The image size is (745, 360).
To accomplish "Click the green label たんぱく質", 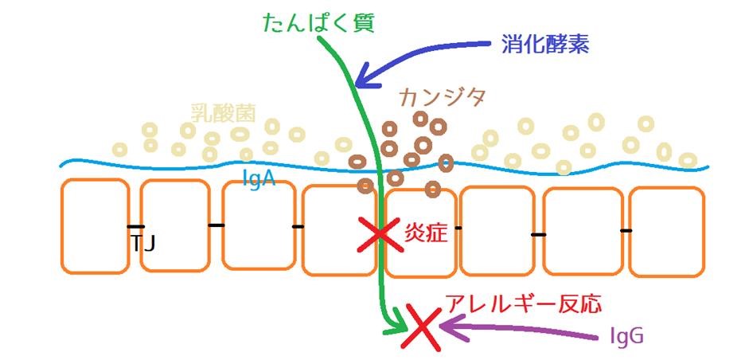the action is (319, 22).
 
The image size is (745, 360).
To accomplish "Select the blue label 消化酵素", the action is (545, 45).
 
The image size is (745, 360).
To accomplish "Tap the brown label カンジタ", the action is (443, 99).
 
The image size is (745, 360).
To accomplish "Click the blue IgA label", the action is (259, 179).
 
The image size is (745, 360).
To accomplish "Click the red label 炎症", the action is (426, 233).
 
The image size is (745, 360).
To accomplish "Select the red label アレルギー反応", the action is (523, 303).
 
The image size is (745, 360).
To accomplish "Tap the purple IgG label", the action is (626, 337).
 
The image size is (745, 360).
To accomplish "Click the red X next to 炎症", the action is (379, 234).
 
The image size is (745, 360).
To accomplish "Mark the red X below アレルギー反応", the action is (422, 327).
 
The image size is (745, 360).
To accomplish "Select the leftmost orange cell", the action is (95, 226).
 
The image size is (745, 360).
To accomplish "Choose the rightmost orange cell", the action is (667, 232).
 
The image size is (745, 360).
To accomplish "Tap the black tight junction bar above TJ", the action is (136, 226).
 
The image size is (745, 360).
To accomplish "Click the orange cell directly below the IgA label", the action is (259, 225).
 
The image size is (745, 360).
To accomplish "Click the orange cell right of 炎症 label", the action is (496, 231).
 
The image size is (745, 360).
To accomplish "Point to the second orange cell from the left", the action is (175, 226).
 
